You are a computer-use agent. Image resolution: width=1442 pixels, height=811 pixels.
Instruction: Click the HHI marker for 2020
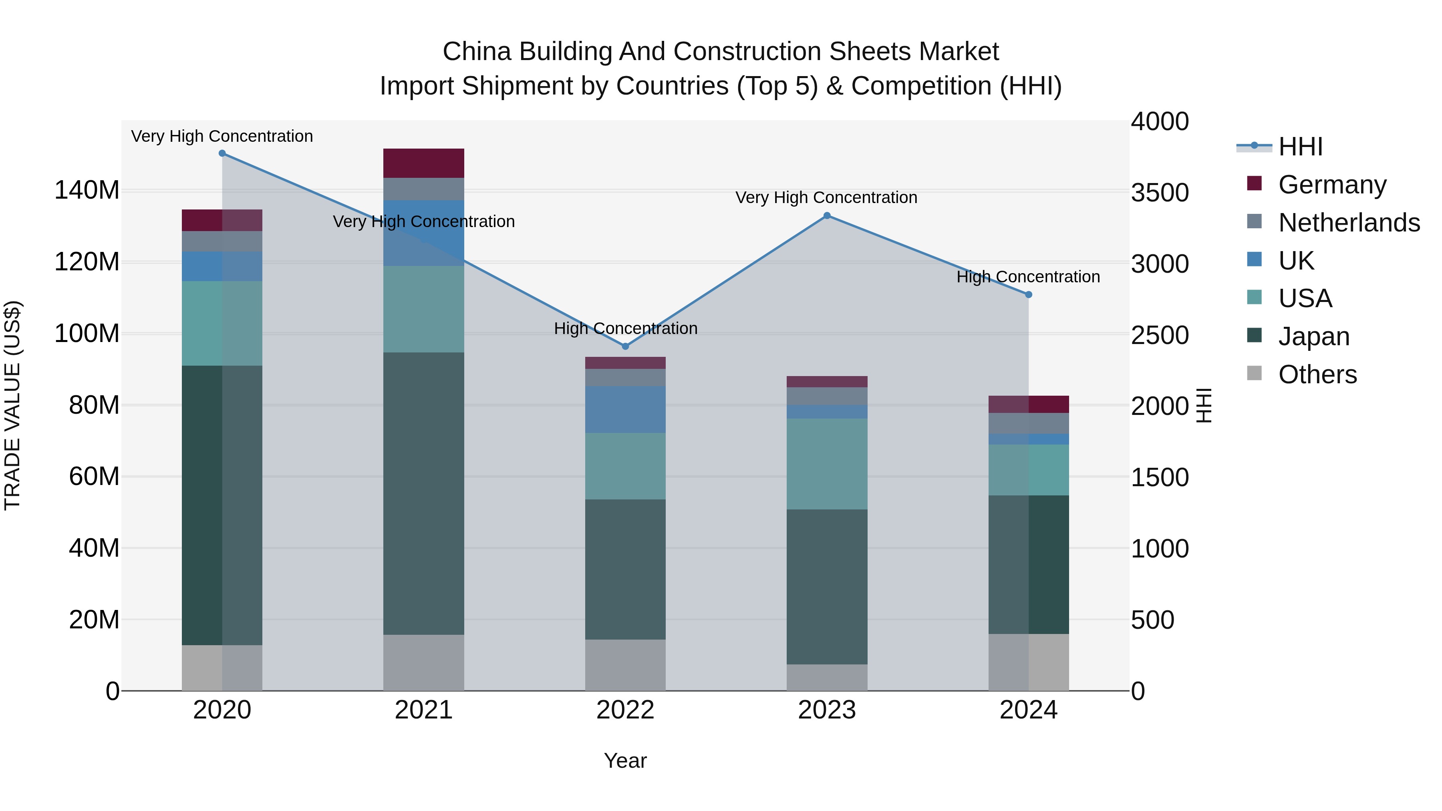click(222, 153)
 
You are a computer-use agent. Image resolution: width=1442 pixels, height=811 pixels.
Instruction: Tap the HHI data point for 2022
click(625, 346)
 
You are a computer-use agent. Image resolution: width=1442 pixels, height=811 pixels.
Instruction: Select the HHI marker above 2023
click(827, 215)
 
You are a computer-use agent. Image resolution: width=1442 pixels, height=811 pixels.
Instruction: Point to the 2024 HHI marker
click(1028, 294)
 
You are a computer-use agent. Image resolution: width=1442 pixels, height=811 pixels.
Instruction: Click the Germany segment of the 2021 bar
click(424, 163)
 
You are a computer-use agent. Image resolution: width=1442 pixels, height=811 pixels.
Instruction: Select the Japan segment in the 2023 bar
click(827, 587)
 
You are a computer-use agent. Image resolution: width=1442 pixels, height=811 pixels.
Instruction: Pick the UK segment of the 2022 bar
click(625, 409)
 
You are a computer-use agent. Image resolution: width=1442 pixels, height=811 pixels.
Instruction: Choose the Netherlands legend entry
click(1349, 223)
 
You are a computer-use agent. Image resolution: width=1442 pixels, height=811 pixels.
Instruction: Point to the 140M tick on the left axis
click(87, 190)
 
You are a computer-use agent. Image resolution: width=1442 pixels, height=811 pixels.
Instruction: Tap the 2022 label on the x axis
click(625, 710)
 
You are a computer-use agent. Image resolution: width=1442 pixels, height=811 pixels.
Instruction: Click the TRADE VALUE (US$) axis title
click(12, 405)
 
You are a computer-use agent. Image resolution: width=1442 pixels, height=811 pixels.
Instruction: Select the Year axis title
click(625, 761)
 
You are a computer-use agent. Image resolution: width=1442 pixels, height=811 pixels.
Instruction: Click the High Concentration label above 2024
click(1028, 277)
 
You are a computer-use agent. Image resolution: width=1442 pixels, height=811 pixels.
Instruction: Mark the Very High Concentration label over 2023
click(826, 197)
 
